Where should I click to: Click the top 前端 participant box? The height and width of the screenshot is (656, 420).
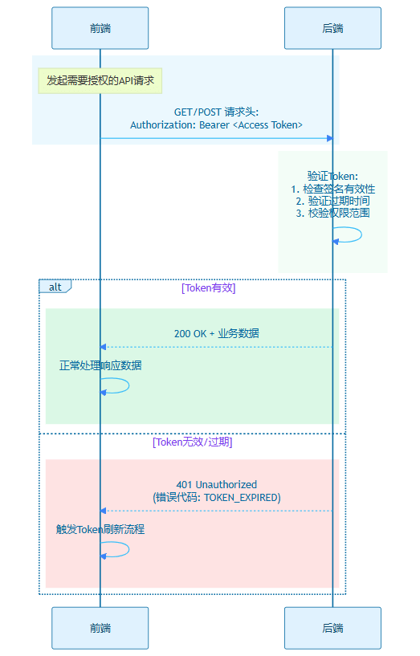coord(100,28)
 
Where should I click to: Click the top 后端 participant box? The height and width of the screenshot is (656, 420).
coord(332,28)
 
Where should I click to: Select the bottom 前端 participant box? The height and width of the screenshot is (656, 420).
coord(100,628)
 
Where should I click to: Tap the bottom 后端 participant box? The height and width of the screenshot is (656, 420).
coord(332,628)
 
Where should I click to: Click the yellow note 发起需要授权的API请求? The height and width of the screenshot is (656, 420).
coord(100,80)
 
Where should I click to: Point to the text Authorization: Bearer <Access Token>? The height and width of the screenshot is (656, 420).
coord(216,125)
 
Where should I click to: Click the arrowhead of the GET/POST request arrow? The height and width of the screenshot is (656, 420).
coord(330,138)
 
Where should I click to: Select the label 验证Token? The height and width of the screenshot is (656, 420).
coord(332,176)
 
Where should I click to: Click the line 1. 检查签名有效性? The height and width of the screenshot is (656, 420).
coord(333,189)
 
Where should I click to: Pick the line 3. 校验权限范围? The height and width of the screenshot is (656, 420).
coord(333,213)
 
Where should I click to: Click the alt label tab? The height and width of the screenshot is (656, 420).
coord(55,287)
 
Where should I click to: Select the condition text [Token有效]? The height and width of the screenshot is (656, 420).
coord(208,287)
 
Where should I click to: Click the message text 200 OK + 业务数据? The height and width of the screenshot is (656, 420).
coord(216,333)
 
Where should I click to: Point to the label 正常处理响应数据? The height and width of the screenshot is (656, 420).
coord(100,365)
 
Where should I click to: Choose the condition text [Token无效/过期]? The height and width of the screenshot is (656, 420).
coord(193,442)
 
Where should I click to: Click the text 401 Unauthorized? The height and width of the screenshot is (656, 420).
coord(216,485)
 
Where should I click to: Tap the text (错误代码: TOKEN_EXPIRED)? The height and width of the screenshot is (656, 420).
coord(216,498)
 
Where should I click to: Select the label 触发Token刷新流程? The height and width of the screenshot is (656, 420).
coord(100,529)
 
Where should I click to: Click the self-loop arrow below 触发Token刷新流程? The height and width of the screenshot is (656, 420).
coord(128,549)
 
